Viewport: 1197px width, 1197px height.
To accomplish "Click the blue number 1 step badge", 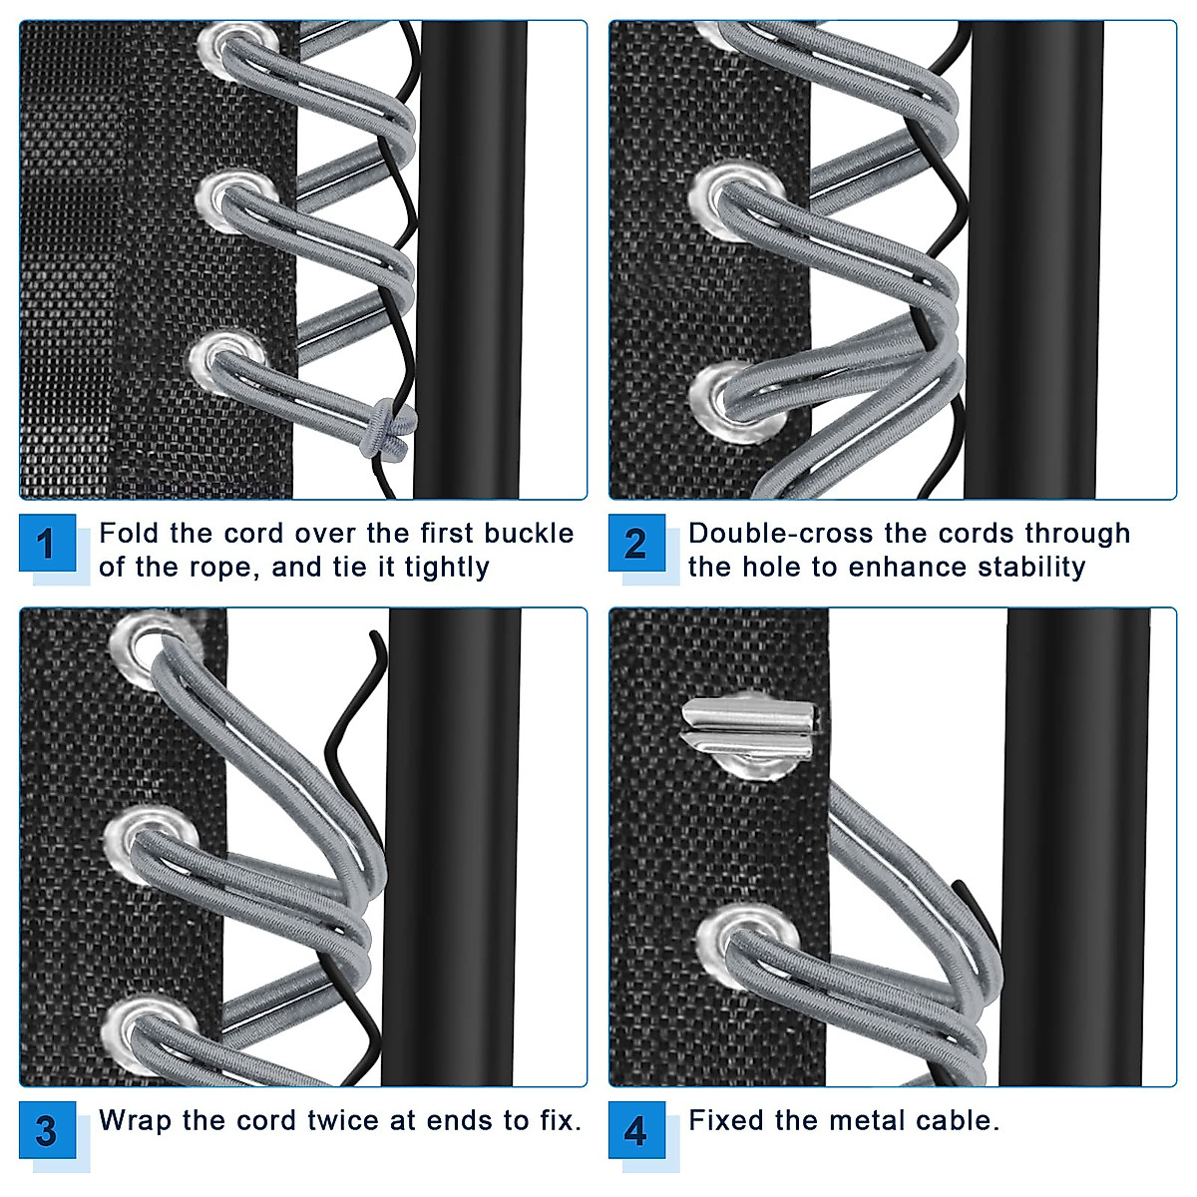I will [x=47, y=544].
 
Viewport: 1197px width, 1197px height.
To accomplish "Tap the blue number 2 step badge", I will [x=636, y=544].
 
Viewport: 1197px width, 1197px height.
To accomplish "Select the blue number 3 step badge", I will [x=47, y=1131].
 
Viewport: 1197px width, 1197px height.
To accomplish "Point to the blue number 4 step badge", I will [x=636, y=1131].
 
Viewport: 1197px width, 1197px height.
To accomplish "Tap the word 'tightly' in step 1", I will [x=447, y=568].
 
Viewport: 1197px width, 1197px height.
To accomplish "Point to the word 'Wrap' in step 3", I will [x=135, y=1121].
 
